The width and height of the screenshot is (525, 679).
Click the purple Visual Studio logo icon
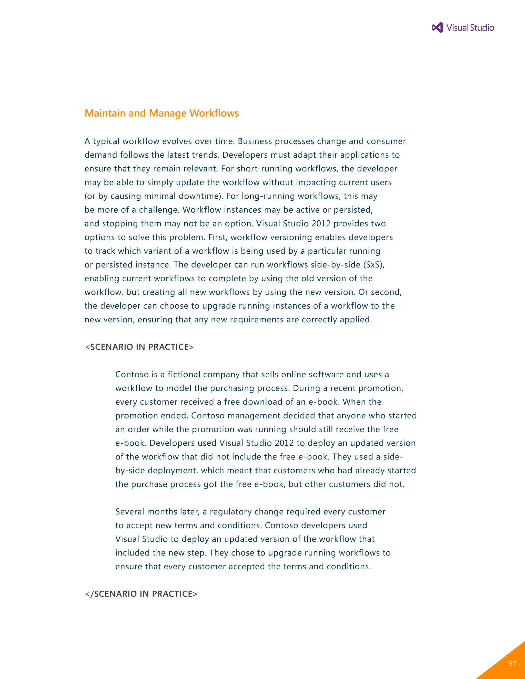[x=438, y=28]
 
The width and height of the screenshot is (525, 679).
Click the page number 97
[x=512, y=663]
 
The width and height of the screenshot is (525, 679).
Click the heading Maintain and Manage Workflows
[x=161, y=113]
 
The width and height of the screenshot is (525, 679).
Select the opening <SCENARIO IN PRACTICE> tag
[x=139, y=347]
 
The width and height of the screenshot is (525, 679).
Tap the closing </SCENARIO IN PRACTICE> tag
[x=141, y=594]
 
